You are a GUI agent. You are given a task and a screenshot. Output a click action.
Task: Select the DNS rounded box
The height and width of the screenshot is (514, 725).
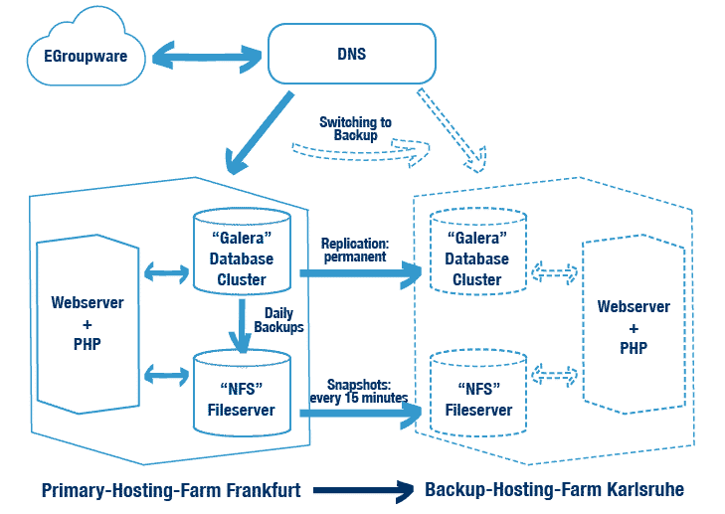tap(352, 54)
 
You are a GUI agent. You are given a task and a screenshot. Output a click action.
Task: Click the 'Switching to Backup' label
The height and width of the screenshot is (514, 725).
tap(355, 128)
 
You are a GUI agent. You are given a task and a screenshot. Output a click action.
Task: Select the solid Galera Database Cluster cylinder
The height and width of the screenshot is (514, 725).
tap(241, 253)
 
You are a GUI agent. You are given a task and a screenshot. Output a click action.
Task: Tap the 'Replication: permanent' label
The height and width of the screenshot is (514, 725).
tap(353, 251)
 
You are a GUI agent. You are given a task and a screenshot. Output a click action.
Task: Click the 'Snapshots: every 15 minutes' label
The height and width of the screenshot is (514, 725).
tap(367, 391)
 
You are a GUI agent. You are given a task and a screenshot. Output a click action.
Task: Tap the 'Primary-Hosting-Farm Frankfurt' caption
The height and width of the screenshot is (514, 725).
tap(171, 490)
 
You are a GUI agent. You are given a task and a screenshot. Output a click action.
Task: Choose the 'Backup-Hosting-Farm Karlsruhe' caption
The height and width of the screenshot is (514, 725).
tap(554, 490)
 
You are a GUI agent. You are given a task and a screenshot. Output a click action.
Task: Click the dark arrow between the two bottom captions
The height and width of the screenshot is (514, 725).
tap(363, 490)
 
